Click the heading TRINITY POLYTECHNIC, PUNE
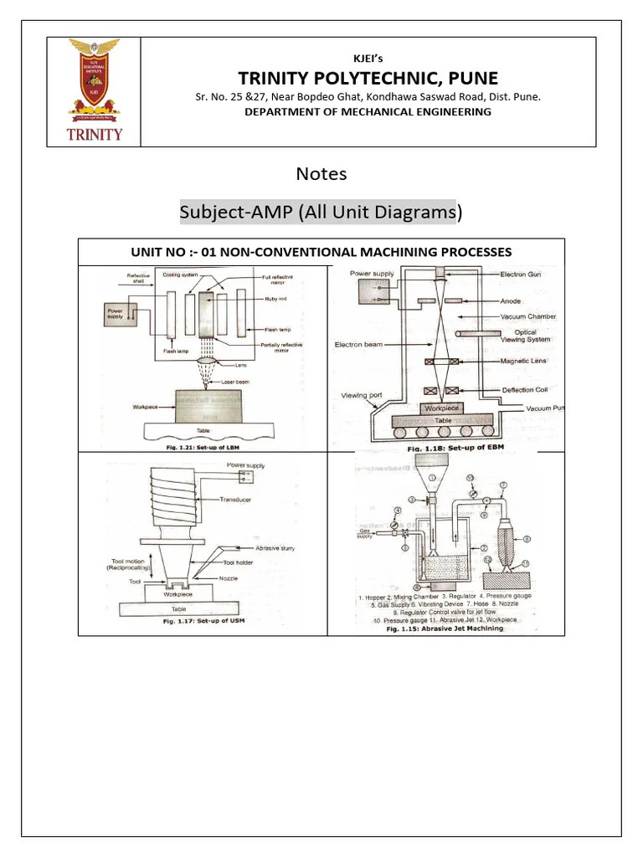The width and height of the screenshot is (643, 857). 368,79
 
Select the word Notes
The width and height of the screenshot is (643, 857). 321,174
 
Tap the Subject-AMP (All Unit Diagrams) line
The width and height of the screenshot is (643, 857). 321,213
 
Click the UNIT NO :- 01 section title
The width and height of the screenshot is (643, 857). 321,252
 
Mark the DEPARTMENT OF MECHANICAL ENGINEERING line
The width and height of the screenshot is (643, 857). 368,111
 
